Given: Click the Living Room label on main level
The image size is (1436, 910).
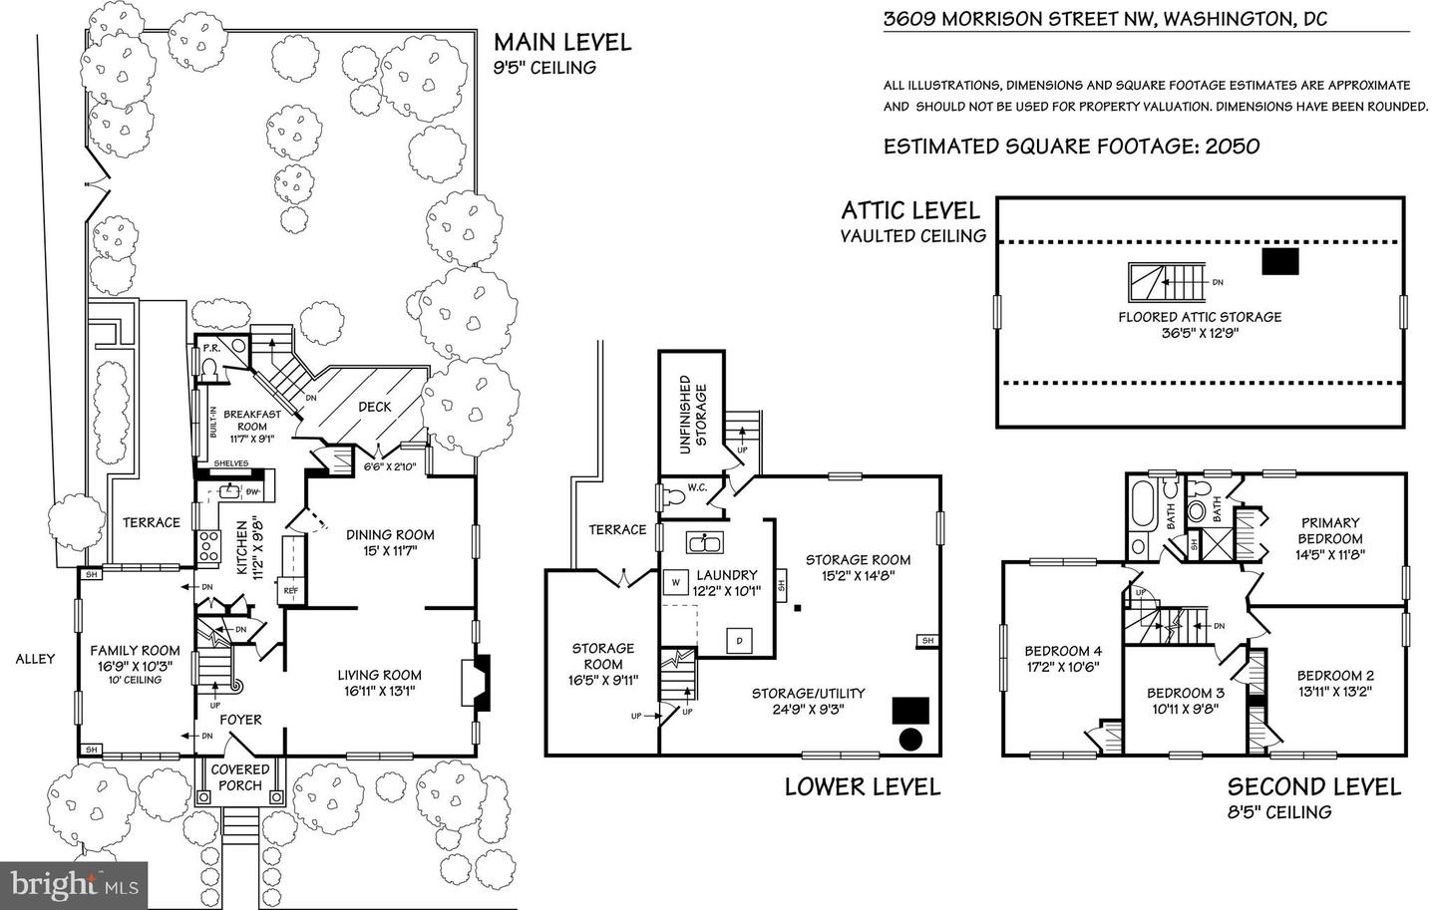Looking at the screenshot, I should (379, 675).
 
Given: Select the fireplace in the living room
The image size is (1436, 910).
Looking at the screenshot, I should (481, 683).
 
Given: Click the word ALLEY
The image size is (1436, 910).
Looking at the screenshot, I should (35, 658).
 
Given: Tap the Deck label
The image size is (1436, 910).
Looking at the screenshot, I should (375, 407).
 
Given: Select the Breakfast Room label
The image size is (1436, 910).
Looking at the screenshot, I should (251, 421).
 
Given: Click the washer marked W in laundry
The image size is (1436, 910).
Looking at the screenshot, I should (675, 581).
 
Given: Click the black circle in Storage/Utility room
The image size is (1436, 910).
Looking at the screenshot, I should (909, 739).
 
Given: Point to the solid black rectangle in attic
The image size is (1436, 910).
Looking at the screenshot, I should (1279, 261).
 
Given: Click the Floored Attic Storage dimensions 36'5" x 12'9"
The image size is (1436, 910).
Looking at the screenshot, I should (1200, 332).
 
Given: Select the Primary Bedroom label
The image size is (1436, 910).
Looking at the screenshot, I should (1330, 530).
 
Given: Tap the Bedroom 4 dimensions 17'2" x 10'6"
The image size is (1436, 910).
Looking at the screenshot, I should (1064, 668).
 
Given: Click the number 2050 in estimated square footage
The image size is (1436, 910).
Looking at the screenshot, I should (1233, 147).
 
